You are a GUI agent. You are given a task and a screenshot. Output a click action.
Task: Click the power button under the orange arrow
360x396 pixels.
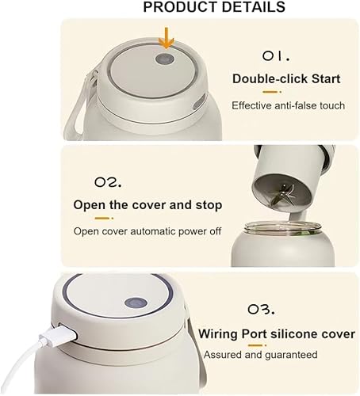[164, 60]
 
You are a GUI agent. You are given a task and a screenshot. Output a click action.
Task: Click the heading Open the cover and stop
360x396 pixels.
[147, 205]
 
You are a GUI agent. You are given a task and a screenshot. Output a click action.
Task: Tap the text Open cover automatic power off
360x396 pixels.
[147, 231]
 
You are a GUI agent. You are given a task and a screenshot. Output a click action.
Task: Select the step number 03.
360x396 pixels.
[274, 307]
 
